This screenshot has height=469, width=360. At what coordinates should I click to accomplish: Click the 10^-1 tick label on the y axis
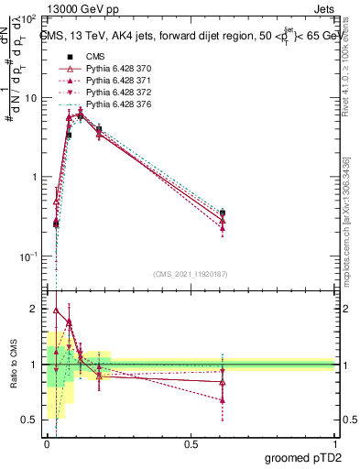point(27,256)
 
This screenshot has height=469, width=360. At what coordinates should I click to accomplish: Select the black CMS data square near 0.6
point(223,213)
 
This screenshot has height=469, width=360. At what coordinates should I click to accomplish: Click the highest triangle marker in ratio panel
point(55,310)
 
